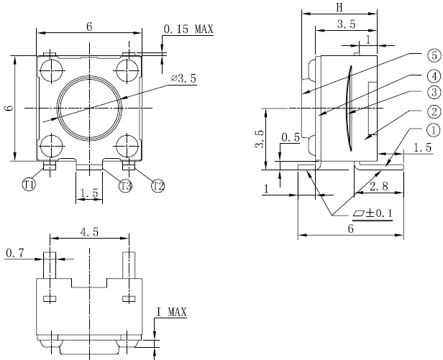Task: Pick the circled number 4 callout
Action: (432, 76)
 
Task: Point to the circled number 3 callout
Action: (432, 93)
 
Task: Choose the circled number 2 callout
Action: (432, 111)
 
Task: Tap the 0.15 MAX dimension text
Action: (188, 29)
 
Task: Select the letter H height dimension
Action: (338, 6)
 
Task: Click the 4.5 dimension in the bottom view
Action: (89, 231)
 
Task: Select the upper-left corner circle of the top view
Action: (51, 70)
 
